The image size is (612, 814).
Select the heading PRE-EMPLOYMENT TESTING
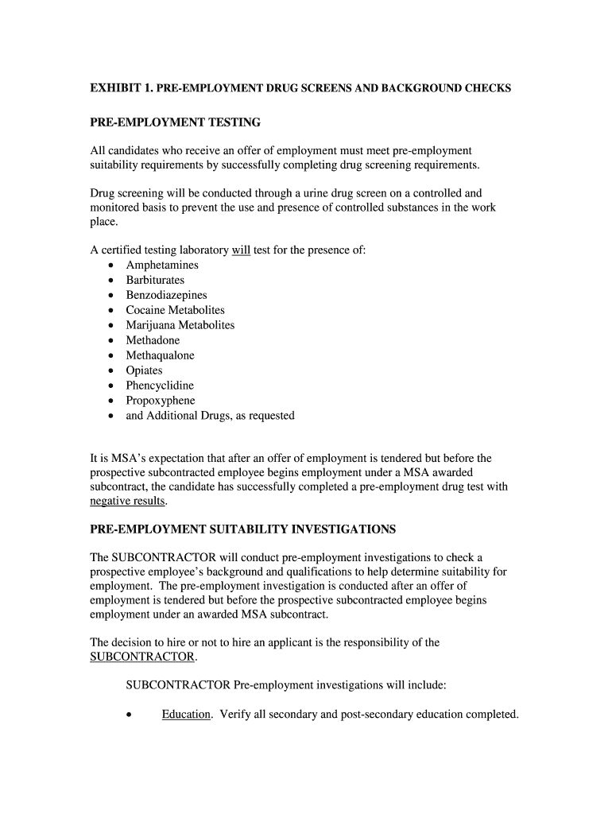(175, 122)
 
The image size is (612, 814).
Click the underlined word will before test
(241, 250)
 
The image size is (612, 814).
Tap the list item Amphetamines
(162, 266)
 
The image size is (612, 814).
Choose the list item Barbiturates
(155, 281)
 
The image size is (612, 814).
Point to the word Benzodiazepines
(166, 296)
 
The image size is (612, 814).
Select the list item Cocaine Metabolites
(175, 311)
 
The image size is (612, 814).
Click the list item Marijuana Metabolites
(180, 326)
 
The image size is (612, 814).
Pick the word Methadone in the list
(153, 341)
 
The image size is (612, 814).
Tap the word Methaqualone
(160, 356)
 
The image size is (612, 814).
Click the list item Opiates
(144, 371)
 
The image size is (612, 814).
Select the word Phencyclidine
(160, 386)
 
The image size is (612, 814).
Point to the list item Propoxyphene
(160, 401)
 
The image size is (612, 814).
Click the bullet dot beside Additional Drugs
(109, 417)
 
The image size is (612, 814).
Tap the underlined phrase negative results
(127, 502)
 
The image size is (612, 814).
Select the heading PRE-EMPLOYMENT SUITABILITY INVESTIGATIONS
(242, 529)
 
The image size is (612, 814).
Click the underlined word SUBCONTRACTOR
(142, 657)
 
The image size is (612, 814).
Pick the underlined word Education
(186, 715)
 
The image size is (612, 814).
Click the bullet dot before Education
(129, 715)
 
